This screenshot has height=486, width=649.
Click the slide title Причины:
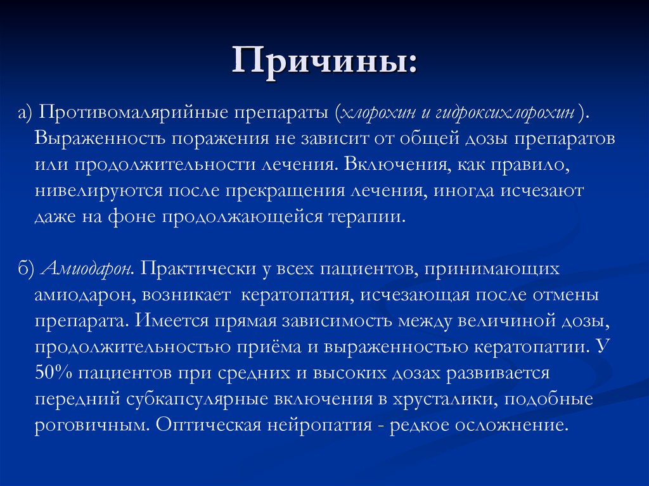(x=324, y=64)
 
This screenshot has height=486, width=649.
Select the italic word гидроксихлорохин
(x=504, y=113)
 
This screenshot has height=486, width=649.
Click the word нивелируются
(x=98, y=191)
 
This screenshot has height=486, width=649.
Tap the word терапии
(x=366, y=217)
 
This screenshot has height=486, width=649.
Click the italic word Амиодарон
(x=87, y=269)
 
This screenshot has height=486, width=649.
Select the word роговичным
(x=88, y=425)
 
